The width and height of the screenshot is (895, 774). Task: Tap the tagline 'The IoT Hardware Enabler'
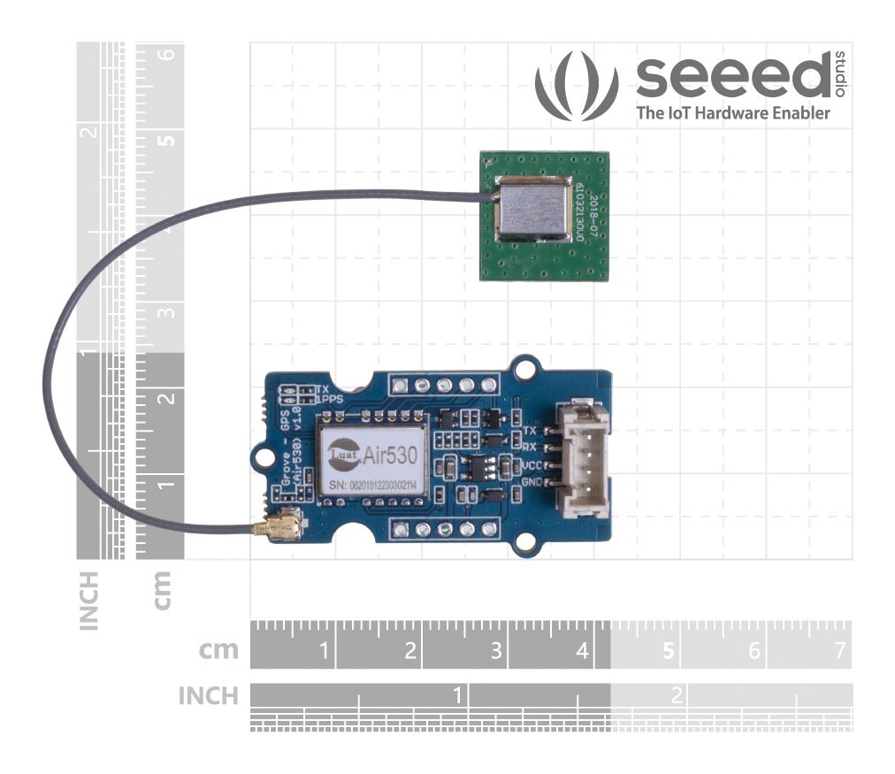pos(733,113)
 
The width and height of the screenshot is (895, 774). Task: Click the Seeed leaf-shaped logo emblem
pos(576,86)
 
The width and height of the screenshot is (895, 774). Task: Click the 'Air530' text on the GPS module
pos(390,455)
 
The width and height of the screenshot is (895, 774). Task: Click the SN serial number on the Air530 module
pos(372,486)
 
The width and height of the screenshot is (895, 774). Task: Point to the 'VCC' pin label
pos(532,465)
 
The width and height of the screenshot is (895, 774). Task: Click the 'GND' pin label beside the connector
pos(532,483)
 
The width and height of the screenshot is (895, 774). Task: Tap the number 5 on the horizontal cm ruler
pos(668,652)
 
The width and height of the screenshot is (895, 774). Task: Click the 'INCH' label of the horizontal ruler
pos(209,696)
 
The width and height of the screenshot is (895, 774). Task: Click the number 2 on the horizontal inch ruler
pos(677,695)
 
